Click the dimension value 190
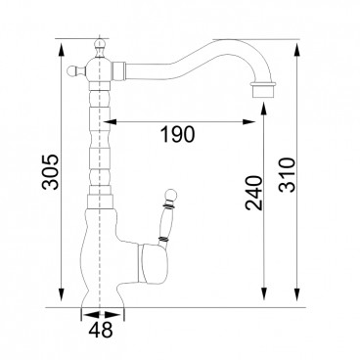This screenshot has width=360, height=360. coord(178,134)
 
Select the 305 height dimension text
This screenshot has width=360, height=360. coord(51,172)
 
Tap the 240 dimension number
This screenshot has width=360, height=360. coord(253,193)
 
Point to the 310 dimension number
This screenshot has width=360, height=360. coord(288,175)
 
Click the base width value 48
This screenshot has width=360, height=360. coord(101,330)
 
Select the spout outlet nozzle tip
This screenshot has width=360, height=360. coord(263,90)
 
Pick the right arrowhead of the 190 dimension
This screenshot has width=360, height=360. coord(248,122)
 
